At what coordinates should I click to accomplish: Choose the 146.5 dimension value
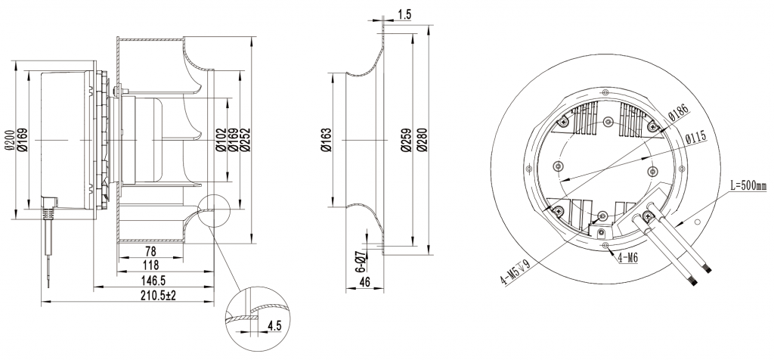pos(156,281)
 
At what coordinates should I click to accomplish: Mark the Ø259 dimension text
pos(405,140)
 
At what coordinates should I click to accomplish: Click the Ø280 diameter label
pos(423,140)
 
